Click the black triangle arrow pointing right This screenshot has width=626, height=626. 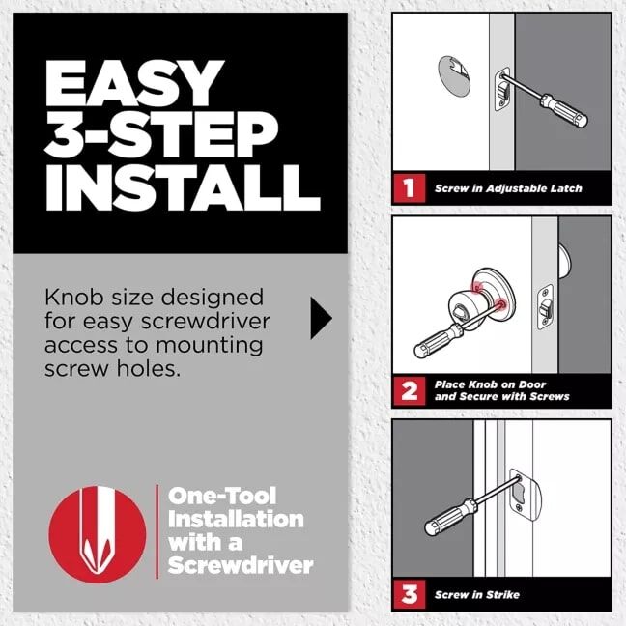[x=321, y=319]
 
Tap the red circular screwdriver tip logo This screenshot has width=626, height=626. [x=97, y=532]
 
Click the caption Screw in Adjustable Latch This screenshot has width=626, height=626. [x=508, y=188]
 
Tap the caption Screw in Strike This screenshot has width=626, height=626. [x=480, y=593]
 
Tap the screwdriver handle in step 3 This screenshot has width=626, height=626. [x=446, y=520]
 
